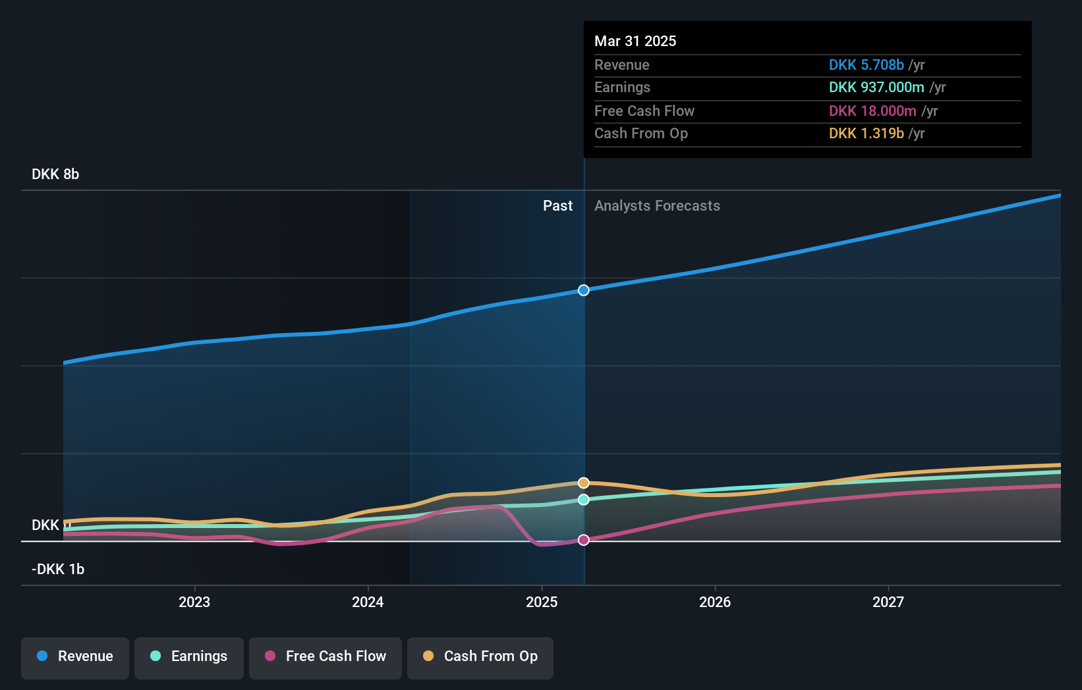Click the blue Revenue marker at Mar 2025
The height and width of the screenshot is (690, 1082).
click(584, 290)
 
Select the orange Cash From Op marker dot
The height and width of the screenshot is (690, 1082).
click(584, 483)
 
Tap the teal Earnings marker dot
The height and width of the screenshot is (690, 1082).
click(584, 500)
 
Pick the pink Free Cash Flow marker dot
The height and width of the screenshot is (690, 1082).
click(584, 540)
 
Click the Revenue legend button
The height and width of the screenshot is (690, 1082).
click(75, 656)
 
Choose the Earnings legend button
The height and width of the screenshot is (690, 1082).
click(189, 656)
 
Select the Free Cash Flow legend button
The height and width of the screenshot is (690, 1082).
click(326, 656)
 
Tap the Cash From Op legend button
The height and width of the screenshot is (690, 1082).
click(480, 656)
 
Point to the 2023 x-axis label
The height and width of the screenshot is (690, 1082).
click(194, 602)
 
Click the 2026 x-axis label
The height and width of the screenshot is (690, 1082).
click(715, 602)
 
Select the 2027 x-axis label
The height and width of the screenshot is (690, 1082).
click(888, 602)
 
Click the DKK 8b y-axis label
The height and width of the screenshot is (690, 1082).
click(55, 174)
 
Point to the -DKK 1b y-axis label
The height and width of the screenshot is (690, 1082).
click(58, 570)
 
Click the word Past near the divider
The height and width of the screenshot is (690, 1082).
click(557, 206)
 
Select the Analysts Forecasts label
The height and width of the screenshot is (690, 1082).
click(657, 206)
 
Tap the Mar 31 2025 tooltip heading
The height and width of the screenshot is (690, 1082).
click(635, 41)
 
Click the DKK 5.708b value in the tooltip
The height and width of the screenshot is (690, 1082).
click(866, 65)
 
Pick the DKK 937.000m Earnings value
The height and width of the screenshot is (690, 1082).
click(876, 88)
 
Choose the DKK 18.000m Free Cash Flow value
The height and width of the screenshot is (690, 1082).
click(872, 111)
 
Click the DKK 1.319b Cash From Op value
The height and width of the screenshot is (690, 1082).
click(866, 134)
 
